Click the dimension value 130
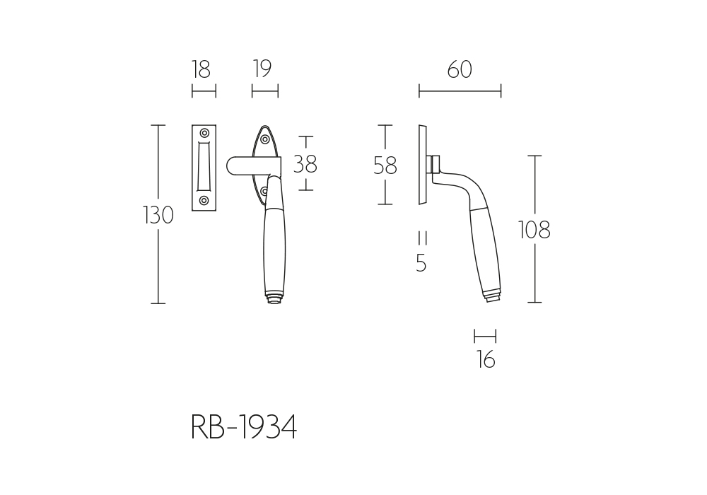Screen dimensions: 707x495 point(158,215)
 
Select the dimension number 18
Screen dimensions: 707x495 point(201,69)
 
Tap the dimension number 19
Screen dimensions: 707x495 point(262,69)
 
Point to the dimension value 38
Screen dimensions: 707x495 point(305,164)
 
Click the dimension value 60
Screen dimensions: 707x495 point(460,69)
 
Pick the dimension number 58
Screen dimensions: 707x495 point(385,165)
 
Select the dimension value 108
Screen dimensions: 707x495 point(534,230)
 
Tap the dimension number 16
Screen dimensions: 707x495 point(486,360)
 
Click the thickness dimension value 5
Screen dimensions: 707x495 point(421,263)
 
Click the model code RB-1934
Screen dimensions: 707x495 point(244,426)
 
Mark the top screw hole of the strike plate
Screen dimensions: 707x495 point(204,133)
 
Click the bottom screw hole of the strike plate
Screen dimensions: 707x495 point(204,200)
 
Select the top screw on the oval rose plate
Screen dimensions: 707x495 point(265,139)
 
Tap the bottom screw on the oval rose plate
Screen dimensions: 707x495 point(264,192)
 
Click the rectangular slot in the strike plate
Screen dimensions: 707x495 point(204,166)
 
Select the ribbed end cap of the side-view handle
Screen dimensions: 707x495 point(493,296)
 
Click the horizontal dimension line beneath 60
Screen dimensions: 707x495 point(460,91)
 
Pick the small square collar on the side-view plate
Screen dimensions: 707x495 point(435,165)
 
